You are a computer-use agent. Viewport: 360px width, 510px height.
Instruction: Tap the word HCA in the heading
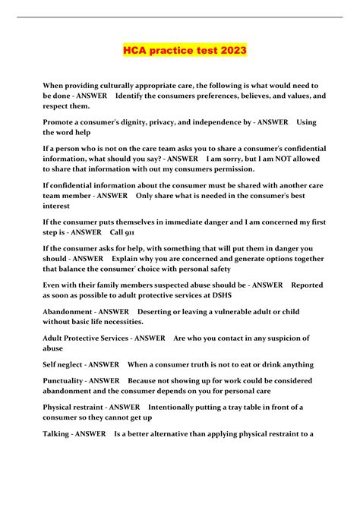point(137,51)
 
